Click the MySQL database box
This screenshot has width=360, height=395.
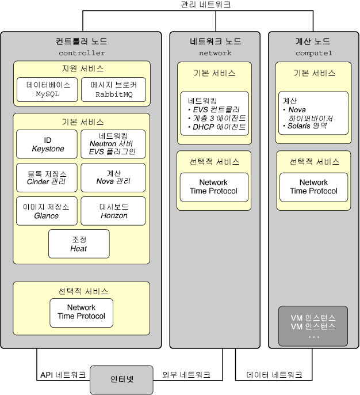pos(47,90)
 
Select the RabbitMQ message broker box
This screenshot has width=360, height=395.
pos(113,90)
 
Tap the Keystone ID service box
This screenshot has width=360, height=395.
pos(47,145)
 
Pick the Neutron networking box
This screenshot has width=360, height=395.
pos(113,145)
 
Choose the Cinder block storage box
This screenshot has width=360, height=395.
pos(47,177)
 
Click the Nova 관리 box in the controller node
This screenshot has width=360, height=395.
pos(113,177)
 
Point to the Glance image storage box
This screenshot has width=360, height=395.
pos(47,211)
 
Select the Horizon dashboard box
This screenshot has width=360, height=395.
pos(113,211)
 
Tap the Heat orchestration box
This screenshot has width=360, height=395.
pos(79,244)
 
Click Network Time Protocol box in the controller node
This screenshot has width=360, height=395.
pos(81,313)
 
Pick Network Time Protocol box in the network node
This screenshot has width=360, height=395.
pos(214,187)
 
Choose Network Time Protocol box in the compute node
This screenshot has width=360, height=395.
pos(314,187)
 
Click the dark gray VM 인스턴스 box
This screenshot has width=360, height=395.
pos(313,326)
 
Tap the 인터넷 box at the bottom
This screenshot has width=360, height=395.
pos(121,379)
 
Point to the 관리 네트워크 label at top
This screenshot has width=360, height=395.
pos(206,4)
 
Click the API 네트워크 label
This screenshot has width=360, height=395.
pos(63,375)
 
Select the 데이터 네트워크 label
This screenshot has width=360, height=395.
pos(274,375)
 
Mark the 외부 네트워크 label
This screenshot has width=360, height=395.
pos(186,375)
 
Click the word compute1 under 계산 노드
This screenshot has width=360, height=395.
pos(314,53)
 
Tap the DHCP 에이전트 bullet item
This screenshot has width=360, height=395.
pos(217,127)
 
